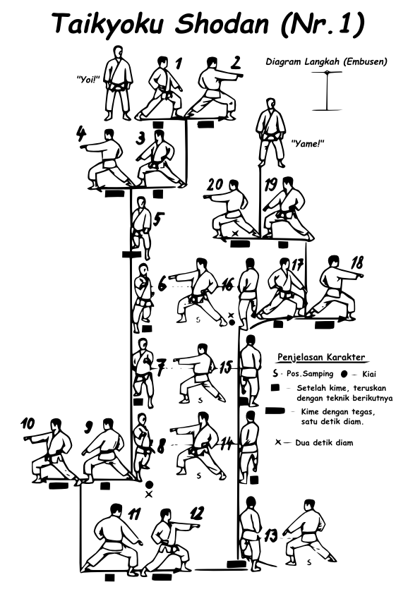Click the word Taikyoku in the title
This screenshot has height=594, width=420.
click(109, 23)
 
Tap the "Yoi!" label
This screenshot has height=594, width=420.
click(88, 79)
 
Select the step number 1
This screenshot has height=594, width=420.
click(178, 63)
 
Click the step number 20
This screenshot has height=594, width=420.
click(216, 186)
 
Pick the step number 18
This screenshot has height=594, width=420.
click(356, 262)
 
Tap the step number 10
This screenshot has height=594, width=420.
click(28, 423)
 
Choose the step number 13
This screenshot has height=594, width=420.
click(270, 535)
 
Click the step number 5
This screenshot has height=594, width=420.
click(160, 219)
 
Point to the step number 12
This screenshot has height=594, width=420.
click(196, 514)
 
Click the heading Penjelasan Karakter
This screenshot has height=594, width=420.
click(321, 357)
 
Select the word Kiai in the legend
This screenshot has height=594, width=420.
click(369, 375)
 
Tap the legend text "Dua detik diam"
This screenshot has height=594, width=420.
click(324, 442)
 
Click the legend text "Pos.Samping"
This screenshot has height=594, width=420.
click(310, 374)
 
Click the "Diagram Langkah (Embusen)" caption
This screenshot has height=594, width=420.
click(326, 61)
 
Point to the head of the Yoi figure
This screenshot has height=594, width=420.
click(119, 52)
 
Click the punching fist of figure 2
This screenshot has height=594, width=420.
click(239, 75)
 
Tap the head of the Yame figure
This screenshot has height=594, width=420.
click(270, 104)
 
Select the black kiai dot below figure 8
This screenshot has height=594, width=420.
click(149, 485)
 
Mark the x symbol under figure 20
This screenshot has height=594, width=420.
click(235, 234)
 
